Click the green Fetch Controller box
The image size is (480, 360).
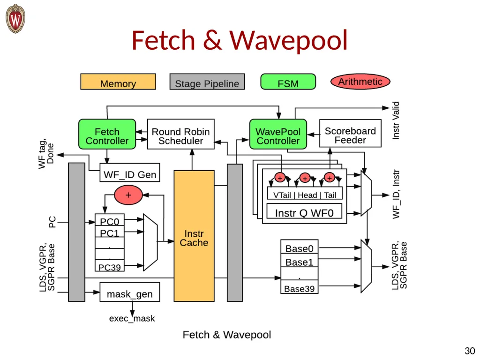pyautogui.click(x=107, y=134)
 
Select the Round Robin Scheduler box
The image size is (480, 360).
pyautogui.click(x=180, y=134)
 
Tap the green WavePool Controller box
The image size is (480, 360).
pyautogui.click(x=278, y=134)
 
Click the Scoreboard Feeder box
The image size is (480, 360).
pyautogui.click(x=350, y=133)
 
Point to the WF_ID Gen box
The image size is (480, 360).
pyautogui.click(x=130, y=172)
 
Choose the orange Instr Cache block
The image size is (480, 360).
pyautogui.click(x=194, y=236)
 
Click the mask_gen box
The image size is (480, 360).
pyautogui.click(x=130, y=292)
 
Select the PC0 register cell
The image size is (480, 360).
pyautogui.click(x=110, y=220)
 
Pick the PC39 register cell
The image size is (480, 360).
pyautogui.click(x=110, y=266)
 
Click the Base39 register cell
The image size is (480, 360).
pyautogui.click(x=300, y=287)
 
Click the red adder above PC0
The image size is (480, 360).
pyautogui.click(x=128, y=195)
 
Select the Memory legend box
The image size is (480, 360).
pyautogui.click(x=118, y=82)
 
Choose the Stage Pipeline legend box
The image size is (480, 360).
pyautogui.click(x=207, y=82)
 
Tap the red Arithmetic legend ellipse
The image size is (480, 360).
pyautogui.click(x=360, y=82)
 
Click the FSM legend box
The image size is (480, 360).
pyautogui.click(x=288, y=82)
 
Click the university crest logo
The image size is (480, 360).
pyautogui.click(x=15, y=19)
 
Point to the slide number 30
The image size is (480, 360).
pyautogui.click(x=470, y=351)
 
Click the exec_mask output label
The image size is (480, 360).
pyautogui.click(x=132, y=319)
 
